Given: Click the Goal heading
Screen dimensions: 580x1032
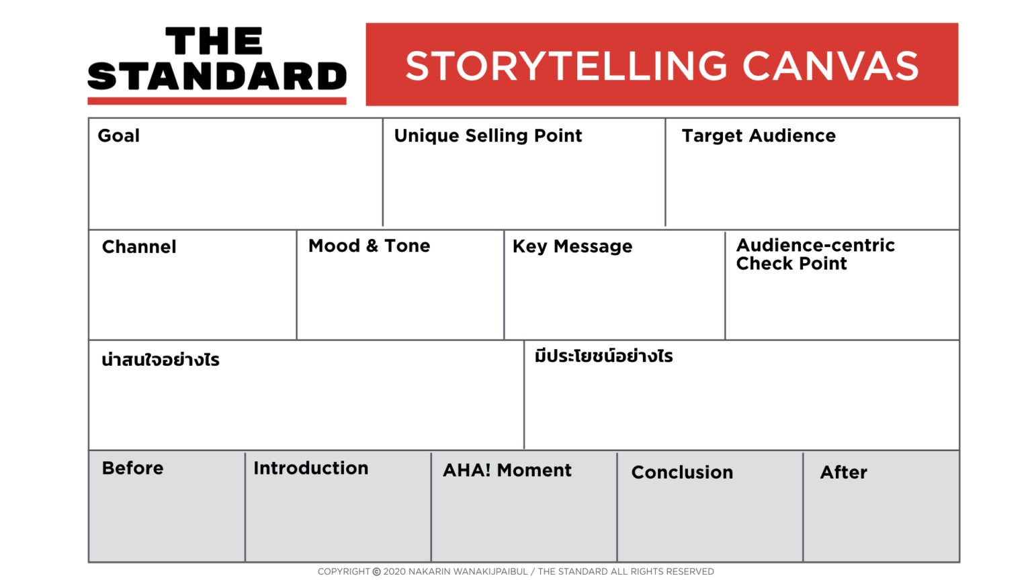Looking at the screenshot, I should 119,136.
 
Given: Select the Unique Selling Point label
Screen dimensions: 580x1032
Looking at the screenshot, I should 488,136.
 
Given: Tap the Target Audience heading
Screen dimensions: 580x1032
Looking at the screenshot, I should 759,136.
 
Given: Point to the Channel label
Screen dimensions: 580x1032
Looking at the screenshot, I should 139,247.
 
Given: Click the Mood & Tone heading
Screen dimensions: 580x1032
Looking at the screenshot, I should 369,246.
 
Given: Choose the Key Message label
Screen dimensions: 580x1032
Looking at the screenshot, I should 572,246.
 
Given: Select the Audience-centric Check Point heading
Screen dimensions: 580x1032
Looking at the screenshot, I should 815,254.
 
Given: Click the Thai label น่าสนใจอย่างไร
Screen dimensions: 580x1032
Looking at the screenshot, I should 161,360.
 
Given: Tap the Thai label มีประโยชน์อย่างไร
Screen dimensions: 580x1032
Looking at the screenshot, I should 603,356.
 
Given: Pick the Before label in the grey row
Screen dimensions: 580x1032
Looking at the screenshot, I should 132,468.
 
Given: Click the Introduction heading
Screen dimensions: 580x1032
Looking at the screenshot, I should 310,468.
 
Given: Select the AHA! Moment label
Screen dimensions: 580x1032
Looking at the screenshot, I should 507,470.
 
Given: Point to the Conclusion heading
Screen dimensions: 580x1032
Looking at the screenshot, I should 682,472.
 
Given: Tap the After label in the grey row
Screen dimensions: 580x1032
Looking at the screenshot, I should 843,472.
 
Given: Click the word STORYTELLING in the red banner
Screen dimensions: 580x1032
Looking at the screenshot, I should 566,66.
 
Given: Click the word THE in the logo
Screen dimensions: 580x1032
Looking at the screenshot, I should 214,42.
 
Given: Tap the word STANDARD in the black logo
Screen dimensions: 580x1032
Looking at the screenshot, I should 217,77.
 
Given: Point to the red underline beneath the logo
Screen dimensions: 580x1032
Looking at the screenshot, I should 217,101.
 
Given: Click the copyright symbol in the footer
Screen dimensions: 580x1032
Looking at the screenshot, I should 376,572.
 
